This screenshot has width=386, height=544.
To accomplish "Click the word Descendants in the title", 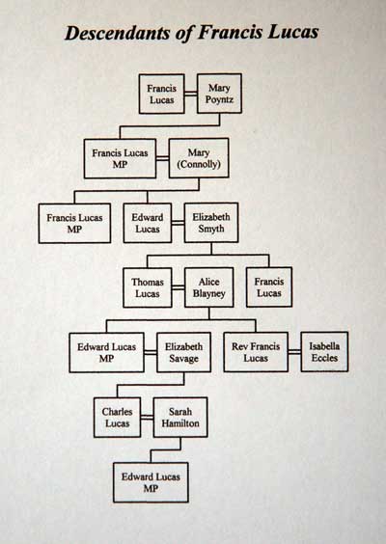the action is (x=122, y=34).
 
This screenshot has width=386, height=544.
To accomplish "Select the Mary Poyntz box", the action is (x=219, y=94).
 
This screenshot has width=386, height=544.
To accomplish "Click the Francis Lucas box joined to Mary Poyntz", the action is (x=161, y=94).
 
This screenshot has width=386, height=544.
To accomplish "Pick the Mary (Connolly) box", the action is (x=199, y=158).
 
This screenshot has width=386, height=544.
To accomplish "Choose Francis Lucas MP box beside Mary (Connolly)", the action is (x=120, y=158).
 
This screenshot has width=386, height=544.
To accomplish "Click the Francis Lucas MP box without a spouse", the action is (x=74, y=223).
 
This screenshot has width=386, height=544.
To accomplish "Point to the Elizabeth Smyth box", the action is (x=211, y=223).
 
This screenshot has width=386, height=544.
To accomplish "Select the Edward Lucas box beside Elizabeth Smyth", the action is (x=148, y=223).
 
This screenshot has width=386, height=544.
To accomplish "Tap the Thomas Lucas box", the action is (x=148, y=287).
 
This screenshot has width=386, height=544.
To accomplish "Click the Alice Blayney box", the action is (x=209, y=287).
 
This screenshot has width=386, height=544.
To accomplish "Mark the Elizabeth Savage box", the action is (x=183, y=352).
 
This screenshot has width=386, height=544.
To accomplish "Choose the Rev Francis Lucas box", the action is (x=256, y=352).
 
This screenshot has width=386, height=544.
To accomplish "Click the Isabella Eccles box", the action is (x=324, y=351).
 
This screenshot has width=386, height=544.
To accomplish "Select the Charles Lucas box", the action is (x=118, y=417).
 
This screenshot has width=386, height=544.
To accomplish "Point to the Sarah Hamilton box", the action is (x=180, y=417).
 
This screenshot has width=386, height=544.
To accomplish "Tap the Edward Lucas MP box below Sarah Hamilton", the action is (x=151, y=482).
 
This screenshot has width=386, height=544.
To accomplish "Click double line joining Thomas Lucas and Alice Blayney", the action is (x=179, y=287).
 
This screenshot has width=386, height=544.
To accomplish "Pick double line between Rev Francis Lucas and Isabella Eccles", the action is (x=294, y=352).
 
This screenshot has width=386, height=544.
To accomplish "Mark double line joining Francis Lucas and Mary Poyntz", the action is (x=190, y=94).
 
